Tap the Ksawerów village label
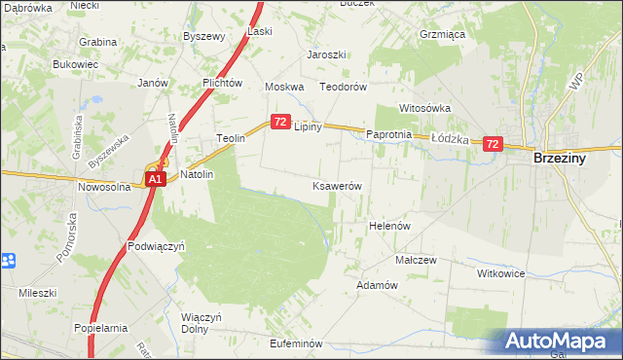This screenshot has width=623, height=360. coord(337,186)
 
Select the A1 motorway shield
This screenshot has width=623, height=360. coord(156,180)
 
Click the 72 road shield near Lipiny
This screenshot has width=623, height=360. coord(279,122)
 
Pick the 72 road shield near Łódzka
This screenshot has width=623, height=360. coord(492,144)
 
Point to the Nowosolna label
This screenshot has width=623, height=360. coord(104,187)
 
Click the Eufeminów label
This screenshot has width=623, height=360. coord(296,343)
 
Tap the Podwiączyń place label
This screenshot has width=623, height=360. coord(156,247)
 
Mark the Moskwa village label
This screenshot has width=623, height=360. coord(285,87)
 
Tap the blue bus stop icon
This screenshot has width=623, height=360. coord(8,260)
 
